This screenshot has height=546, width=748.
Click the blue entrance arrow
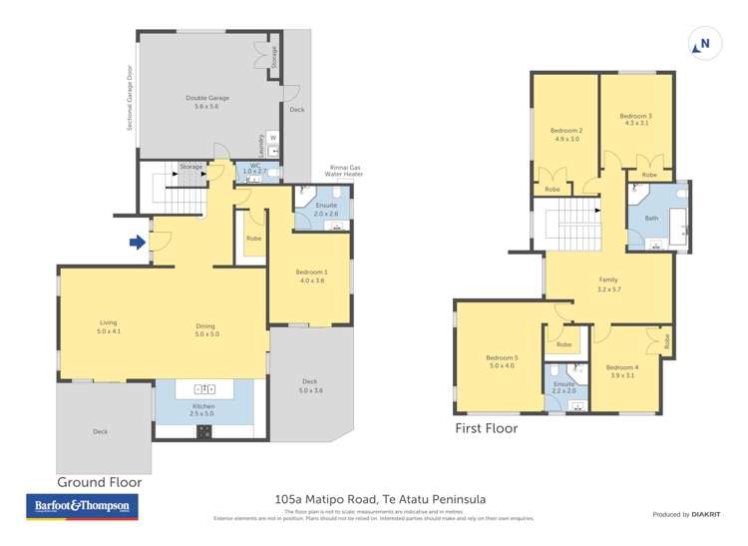click(136, 241)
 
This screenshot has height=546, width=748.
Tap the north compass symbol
click(702, 44)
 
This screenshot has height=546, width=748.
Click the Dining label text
click(205, 326)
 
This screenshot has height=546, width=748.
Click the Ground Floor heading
click(99, 482)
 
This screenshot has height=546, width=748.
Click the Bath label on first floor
click(651, 218)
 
